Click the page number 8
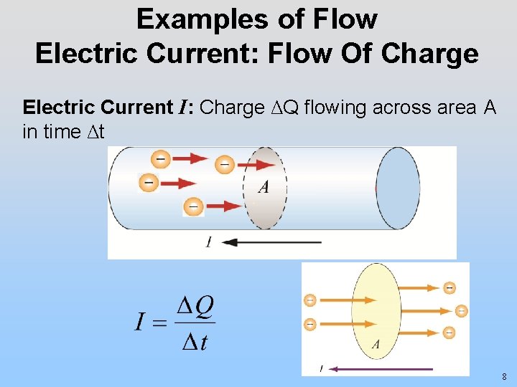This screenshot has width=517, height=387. [x=505, y=376]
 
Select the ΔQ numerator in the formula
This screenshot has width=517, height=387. [x=195, y=307]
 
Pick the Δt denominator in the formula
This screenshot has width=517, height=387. [x=195, y=342]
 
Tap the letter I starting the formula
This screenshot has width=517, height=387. [x=141, y=322]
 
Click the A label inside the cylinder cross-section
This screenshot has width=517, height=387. [x=264, y=187]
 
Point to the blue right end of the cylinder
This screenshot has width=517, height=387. [x=398, y=188]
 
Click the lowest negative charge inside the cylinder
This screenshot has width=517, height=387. [x=193, y=206]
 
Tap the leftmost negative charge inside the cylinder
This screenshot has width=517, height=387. [x=149, y=183]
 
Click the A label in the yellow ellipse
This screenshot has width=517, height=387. [x=376, y=345]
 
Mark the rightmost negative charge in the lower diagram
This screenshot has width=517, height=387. [x=461, y=311]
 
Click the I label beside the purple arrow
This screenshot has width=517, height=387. [x=321, y=369]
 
